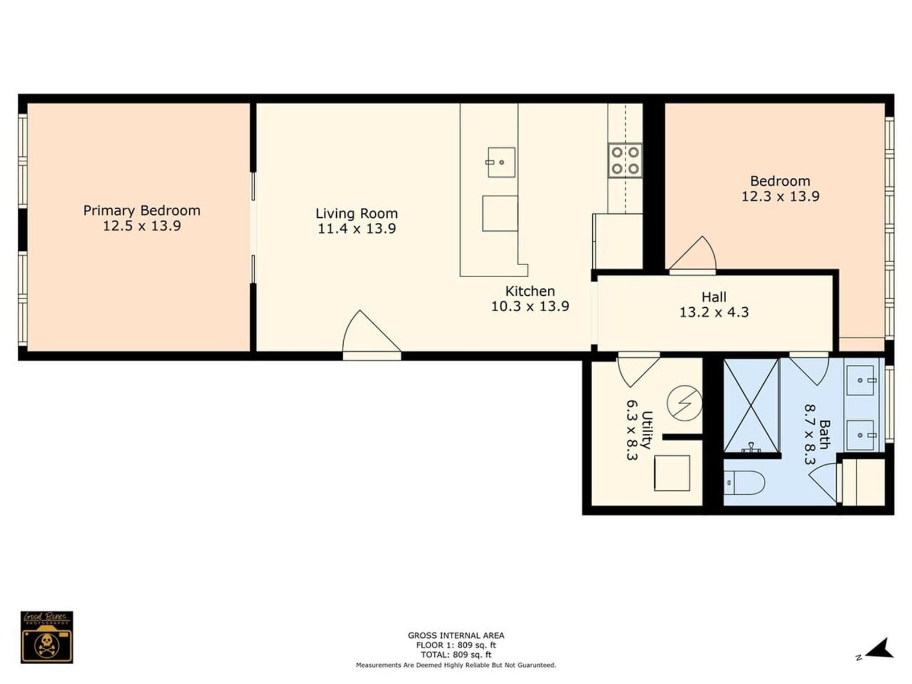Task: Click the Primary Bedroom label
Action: (x=141, y=210)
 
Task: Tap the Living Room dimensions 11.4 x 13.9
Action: (x=357, y=229)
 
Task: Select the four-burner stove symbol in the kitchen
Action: (x=625, y=160)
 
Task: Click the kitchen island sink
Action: (x=501, y=162)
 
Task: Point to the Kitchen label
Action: (x=530, y=291)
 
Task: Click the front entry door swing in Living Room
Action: (x=368, y=335)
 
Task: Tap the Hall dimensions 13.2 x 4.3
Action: (x=714, y=312)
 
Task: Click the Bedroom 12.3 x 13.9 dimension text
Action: (x=780, y=197)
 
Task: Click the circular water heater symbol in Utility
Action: (x=684, y=403)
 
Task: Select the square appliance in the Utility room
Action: (x=671, y=473)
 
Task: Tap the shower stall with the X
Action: (x=751, y=405)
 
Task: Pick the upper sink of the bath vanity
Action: (x=861, y=380)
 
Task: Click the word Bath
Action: (x=824, y=434)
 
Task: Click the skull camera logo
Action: (x=47, y=637)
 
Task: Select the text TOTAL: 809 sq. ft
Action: (x=456, y=655)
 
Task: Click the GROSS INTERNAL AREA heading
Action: (x=456, y=635)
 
